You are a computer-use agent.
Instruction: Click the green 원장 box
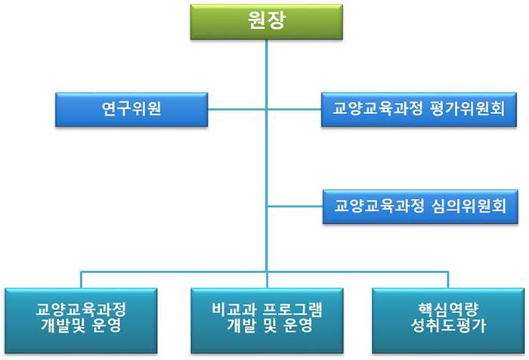pyautogui.click(x=267, y=22)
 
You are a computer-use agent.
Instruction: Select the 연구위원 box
pyautogui.click(x=131, y=110)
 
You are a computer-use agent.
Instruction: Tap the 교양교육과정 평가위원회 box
pyautogui.click(x=419, y=110)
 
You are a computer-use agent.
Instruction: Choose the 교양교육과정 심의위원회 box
pyautogui.click(x=420, y=206)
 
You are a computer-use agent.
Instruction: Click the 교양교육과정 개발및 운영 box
pyautogui.click(x=81, y=321)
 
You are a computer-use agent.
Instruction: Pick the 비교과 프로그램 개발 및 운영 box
pyautogui.click(x=267, y=321)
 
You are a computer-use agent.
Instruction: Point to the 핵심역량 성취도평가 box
pyautogui.click(x=448, y=321)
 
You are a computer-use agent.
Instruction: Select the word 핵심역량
pyautogui.click(x=448, y=309)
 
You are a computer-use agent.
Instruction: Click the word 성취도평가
pyautogui.click(x=448, y=325)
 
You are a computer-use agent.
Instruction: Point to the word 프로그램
pyautogui.click(x=292, y=309)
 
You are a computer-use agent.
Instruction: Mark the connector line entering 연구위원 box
pyautogui.click(x=237, y=110)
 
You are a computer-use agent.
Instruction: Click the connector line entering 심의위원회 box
pyautogui.click(x=295, y=206)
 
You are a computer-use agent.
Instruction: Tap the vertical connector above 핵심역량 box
pyautogui.click(x=448, y=280)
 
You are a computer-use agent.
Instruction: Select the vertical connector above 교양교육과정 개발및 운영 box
pyautogui.click(x=81, y=280)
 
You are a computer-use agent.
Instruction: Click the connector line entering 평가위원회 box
pyautogui.click(x=294, y=110)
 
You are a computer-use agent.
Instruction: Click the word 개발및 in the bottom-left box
pyautogui.click(x=63, y=325)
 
